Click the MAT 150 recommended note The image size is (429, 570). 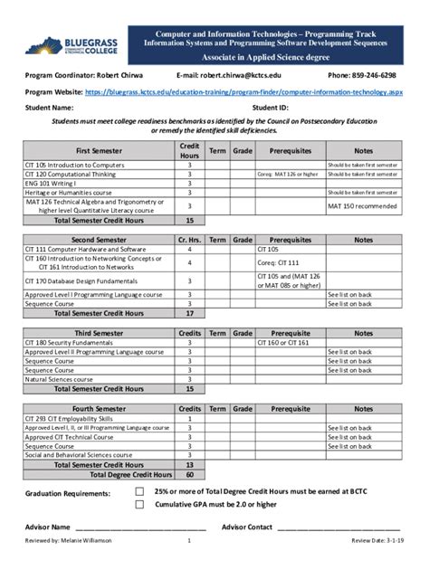tap(362, 206)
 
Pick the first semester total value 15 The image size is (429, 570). tap(189, 220)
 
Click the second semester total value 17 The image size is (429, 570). tap(189, 313)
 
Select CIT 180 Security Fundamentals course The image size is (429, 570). tap(72, 343)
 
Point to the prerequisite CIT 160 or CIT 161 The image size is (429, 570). tap(282, 343)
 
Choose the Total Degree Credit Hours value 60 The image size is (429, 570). tap(189, 473)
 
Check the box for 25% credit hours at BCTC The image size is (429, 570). tap(139, 492)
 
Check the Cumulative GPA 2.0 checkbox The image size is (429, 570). tap(139, 505)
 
